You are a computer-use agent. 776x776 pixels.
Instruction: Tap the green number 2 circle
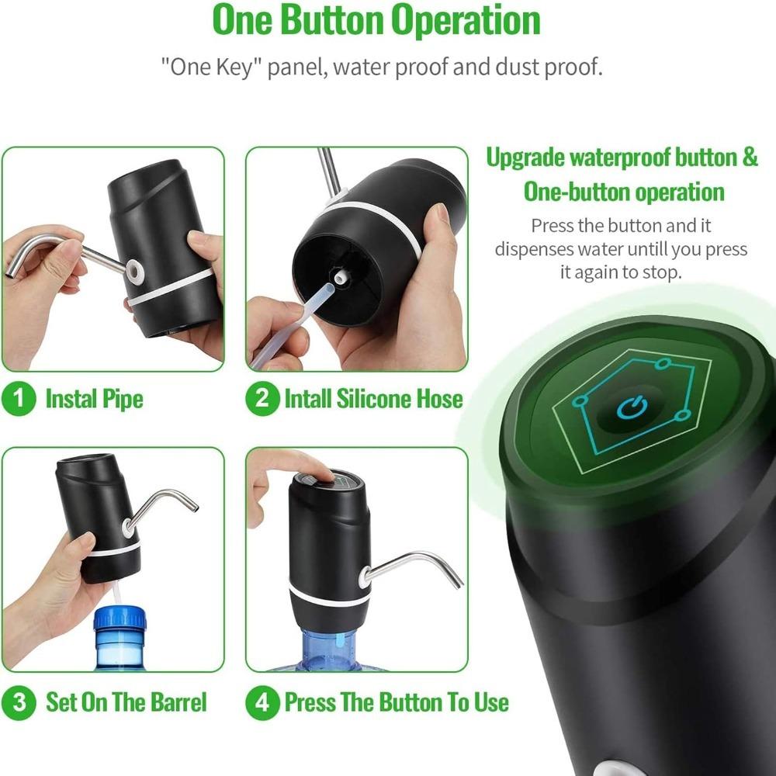(x=262, y=400)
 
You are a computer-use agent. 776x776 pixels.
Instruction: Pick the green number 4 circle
(x=262, y=703)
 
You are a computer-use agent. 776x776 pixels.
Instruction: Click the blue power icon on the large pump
(x=630, y=407)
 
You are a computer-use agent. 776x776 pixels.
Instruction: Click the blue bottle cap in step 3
(x=120, y=622)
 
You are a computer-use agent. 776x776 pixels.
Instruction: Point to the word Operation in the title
(x=466, y=21)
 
